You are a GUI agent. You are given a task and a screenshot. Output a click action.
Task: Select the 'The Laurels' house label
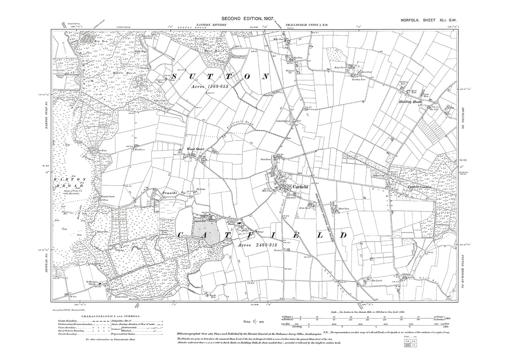coord(377,281)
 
